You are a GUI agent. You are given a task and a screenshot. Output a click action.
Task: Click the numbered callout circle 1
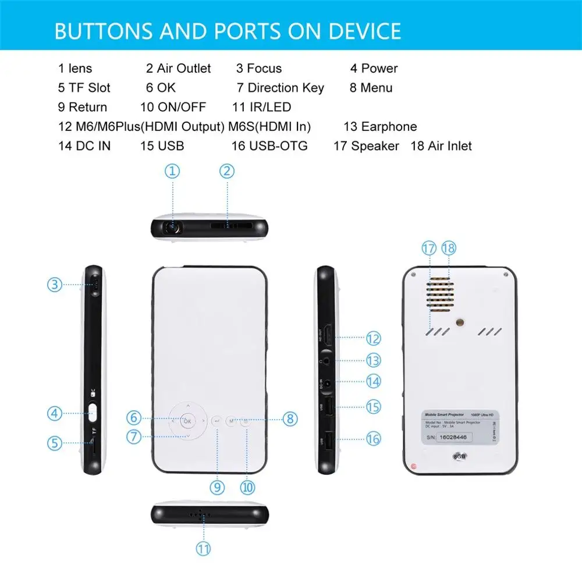point(172,171)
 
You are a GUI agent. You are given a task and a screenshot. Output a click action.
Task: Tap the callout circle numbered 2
point(227,171)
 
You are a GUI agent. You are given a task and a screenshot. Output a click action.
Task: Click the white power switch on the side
point(93,414)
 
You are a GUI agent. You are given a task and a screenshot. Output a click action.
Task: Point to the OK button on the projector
point(187,419)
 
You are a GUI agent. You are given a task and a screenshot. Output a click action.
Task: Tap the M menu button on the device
point(231,420)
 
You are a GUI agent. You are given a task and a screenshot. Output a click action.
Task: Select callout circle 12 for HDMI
point(373,338)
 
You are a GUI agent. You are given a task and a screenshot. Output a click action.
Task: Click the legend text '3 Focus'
point(258,69)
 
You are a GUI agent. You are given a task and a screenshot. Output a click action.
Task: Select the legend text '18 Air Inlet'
point(441,146)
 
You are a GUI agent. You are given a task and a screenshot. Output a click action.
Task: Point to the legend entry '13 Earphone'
point(380,127)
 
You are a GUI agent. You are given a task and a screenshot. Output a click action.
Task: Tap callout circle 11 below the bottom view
point(203,548)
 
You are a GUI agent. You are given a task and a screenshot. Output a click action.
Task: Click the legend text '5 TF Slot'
point(84,88)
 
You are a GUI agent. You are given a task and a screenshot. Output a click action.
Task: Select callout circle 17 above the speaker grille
point(429,248)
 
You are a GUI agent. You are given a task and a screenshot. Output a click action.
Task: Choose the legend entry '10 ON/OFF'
point(181,107)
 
